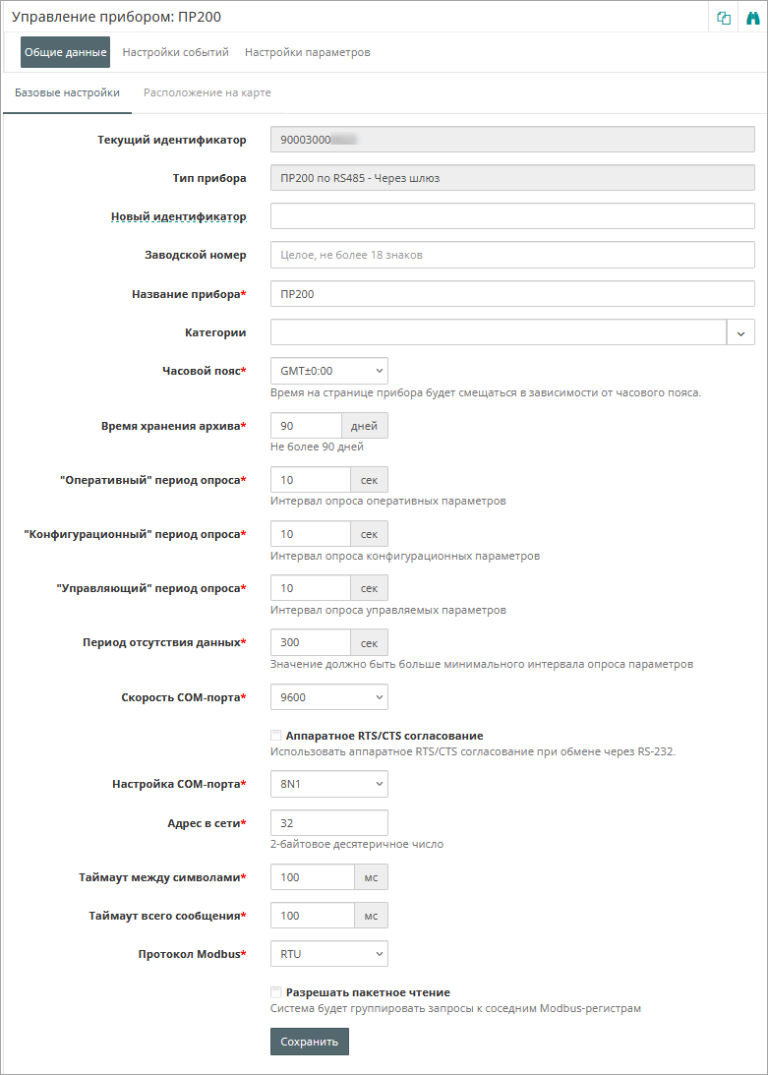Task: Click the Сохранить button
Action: [309, 1042]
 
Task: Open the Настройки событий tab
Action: [175, 52]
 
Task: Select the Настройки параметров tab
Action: [307, 52]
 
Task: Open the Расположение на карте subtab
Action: [207, 92]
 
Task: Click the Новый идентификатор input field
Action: [511, 216]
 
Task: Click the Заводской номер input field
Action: [511, 255]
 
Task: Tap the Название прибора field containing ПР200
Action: [511, 293]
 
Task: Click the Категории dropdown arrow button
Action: [740, 332]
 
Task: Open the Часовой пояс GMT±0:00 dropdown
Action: [328, 371]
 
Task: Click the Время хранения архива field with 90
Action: [306, 426]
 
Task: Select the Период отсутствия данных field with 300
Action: [310, 642]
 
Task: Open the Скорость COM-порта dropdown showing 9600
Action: [328, 697]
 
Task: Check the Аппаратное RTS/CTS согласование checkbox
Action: [276, 736]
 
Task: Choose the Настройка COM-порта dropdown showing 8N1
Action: [328, 784]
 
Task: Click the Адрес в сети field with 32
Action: [328, 822]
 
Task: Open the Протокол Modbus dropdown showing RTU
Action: [328, 953]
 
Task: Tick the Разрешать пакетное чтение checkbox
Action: [276, 992]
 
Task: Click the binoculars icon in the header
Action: [753, 18]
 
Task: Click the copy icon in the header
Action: [724, 18]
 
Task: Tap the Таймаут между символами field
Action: [312, 876]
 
